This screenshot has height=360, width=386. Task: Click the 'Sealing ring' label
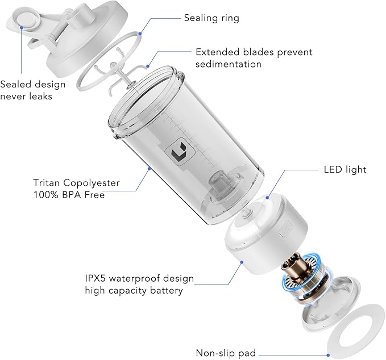211,18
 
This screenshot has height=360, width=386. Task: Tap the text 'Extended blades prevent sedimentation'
254,58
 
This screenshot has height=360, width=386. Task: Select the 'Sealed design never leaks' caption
32,90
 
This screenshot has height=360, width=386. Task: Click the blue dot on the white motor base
242,262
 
